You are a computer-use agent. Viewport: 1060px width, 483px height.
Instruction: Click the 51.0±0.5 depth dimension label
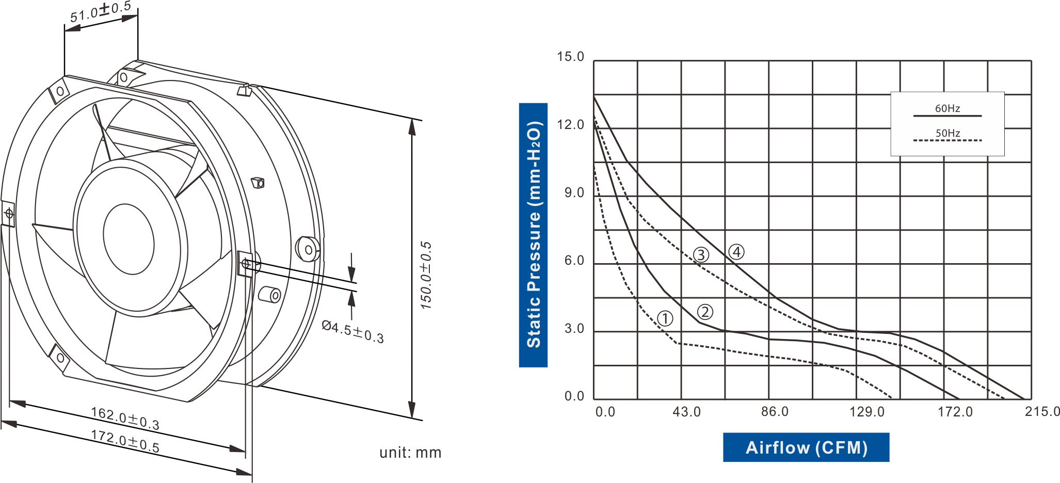(x=101, y=12)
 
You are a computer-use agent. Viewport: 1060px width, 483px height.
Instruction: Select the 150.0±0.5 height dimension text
(x=426, y=275)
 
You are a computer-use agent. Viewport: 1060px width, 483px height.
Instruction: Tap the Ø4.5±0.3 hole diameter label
(x=353, y=332)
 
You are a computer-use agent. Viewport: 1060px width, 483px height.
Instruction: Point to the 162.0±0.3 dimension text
(x=125, y=418)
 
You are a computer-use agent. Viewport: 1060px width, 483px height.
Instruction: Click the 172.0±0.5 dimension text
(x=125, y=441)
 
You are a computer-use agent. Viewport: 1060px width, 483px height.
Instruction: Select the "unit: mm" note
(x=410, y=453)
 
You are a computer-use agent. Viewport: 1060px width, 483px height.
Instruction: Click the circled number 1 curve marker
(x=665, y=318)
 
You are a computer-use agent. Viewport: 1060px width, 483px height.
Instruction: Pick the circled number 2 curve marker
(x=705, y=312)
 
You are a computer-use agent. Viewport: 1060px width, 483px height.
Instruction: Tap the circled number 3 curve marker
(x=701, y=254)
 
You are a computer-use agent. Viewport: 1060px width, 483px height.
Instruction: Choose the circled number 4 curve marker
(x=736, y=252)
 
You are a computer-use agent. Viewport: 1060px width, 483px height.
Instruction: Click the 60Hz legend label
(x=947, y=108)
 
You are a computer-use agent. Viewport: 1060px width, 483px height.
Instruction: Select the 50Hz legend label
(x=947, y=133)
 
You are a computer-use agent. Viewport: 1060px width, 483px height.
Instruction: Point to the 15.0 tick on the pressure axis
(x=570, y=57)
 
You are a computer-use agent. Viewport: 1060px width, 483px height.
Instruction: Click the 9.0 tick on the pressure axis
(x=574, y=192)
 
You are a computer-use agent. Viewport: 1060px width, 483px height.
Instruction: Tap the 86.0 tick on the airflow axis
(x=775, y=412)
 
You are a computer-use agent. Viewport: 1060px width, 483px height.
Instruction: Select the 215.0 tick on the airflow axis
(x=1042, y=412)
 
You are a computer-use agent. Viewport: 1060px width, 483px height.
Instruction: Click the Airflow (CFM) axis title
(x=806, y=447)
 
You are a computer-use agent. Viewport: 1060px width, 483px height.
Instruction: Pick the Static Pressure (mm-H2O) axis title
(x=533, y=235)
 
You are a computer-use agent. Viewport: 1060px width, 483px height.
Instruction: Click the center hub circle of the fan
(x=129, y=239)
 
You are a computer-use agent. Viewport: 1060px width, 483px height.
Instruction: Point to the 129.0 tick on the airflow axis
(x=867, y=412)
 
